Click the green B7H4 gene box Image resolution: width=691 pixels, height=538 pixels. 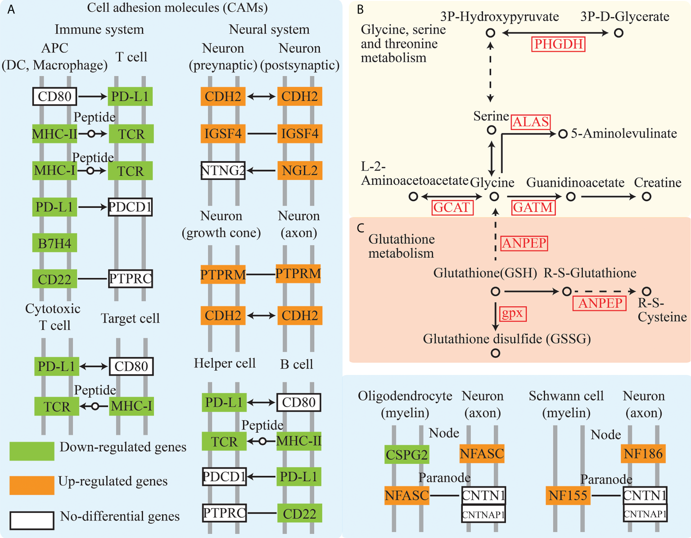[54, 243]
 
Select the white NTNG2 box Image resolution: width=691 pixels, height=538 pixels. [223, 170]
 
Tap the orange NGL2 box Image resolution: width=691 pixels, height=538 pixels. [300, 170]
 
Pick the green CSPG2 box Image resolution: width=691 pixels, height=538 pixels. [407, 454]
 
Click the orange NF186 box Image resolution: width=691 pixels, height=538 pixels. [643, 453]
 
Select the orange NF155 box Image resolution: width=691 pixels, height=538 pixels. [568, 495]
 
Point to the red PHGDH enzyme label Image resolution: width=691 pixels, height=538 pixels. [559, 44]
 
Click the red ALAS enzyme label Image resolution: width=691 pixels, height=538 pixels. [531, 122]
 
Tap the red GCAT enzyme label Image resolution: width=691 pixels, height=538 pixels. [452, 207]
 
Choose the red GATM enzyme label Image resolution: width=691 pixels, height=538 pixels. [533, 207]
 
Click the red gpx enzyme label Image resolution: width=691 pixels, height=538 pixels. [512, 313]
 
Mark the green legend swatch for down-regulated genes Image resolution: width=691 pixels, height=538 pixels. [32, 451]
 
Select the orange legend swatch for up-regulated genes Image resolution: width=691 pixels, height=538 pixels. [32, 485]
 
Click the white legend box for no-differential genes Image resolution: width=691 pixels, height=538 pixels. [32, 520]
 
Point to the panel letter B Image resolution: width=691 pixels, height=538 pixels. [360, 10]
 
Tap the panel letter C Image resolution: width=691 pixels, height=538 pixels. [360, 228]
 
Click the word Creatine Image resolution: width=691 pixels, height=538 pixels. [657, 183]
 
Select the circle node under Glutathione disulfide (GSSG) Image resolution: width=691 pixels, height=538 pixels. [495, 353]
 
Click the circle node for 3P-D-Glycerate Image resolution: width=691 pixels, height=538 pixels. [619, 33]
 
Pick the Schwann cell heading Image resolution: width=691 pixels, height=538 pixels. [566, 396]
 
